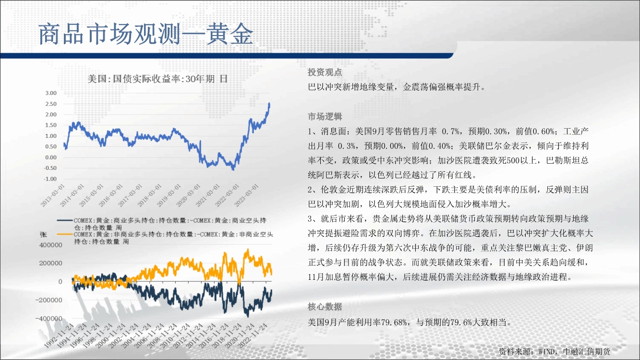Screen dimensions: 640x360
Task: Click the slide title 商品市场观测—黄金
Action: tap(145, 35)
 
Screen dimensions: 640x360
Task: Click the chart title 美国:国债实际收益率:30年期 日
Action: tap(157, 79)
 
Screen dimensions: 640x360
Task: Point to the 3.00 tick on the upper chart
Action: tap(51, 93)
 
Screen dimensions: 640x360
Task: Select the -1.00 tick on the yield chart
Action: tap(50, 179)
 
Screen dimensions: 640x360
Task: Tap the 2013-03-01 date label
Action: tap(53, 195)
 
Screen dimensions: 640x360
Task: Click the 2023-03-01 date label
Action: tap(247, 195)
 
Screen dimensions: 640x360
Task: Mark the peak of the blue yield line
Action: tap(269, 103)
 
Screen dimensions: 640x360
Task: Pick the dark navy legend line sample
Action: tap(65, 220)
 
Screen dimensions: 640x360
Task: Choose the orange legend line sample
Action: tap(65, 234)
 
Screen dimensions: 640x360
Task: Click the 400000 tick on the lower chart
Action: tap(50, 245)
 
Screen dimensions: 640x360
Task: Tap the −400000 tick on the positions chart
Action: tap(48, 318)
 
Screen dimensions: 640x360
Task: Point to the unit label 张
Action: tap(43, 235)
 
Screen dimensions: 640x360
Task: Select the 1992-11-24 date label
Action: tap(59, 336)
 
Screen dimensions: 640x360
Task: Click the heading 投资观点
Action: tap(325, 72)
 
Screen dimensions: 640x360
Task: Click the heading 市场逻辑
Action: tap(325, 117)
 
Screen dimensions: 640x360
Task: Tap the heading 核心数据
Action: tap(325, 307)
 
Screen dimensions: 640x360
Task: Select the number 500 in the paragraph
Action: tap(513, 161)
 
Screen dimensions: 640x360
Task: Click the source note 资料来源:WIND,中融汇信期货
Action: tap(555, 351)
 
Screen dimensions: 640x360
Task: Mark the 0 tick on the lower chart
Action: tap(60, 282)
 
